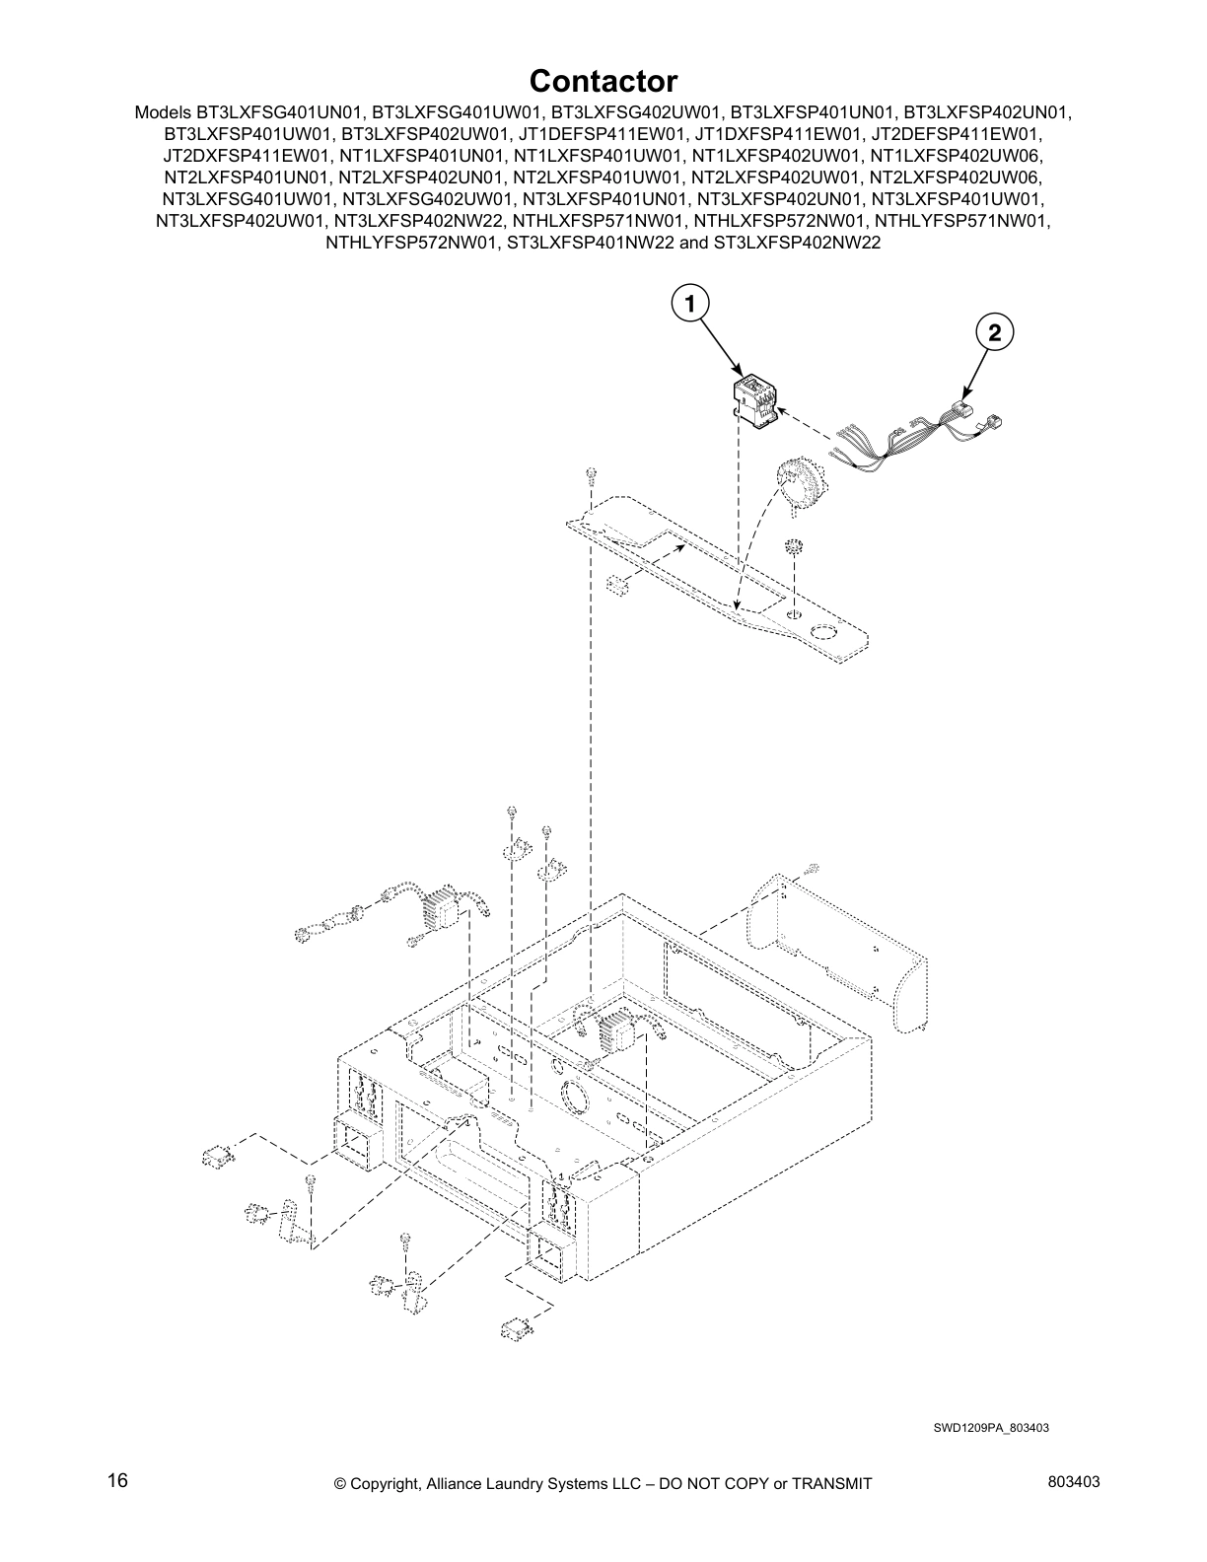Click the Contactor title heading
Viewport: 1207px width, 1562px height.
[603, 80]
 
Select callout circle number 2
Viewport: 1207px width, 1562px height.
[994, 333]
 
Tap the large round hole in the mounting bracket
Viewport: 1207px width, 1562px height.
[821, 633]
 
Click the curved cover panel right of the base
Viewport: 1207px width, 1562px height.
[839, 951]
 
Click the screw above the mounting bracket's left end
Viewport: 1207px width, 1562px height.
[589, 476]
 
